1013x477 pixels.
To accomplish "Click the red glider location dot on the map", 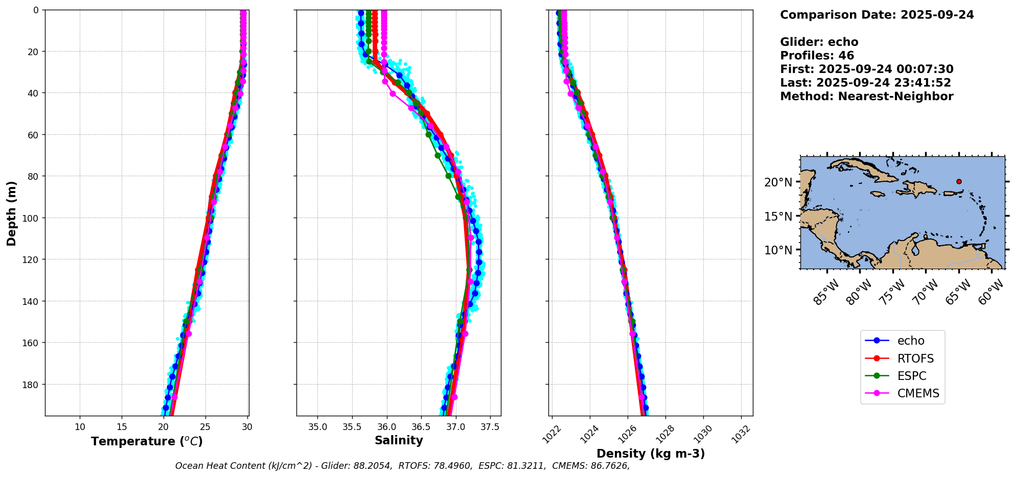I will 959,181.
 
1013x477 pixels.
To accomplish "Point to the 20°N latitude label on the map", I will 778,182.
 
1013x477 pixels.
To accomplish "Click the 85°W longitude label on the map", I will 826,292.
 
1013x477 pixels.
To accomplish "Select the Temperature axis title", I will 147,441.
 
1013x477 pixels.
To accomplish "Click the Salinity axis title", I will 399,440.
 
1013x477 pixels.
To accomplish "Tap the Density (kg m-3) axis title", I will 651,454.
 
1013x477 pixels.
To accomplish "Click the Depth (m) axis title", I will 11,213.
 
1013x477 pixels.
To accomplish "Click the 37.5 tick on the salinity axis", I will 490,427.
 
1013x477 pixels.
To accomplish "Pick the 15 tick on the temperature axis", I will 122,427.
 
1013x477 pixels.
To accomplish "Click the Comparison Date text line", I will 877,15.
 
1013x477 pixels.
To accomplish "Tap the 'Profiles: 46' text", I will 817,56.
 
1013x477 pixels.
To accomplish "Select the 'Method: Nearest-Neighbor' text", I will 866,97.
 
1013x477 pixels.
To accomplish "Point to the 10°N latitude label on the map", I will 778,250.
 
